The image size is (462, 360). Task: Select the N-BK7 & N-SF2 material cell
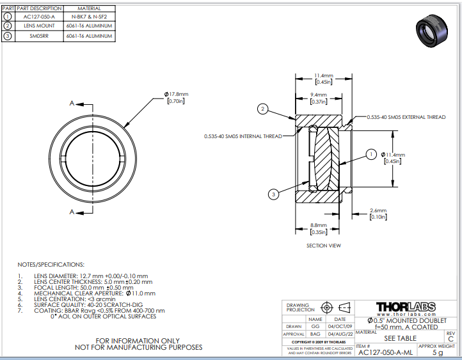(90, 17)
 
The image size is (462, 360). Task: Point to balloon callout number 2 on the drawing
(262, 109)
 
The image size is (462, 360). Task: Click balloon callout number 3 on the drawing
(273, 193)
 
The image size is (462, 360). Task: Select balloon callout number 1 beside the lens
(371, 153)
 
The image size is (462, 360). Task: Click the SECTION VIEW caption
(323, 245)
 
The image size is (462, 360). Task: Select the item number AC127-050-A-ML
(385, 352)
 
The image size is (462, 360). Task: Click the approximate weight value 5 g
(438, 352)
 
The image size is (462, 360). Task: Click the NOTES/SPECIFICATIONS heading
(51, 263)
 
